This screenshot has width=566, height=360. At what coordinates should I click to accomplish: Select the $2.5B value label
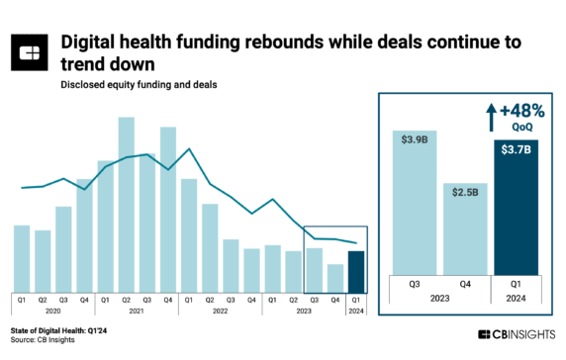466,191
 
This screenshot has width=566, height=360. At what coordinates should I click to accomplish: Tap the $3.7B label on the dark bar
516,148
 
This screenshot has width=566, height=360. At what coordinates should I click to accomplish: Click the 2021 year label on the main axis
137,312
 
